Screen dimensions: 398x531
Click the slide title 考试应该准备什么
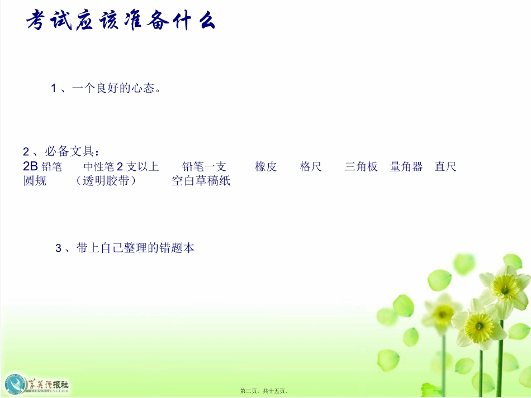[121, 22]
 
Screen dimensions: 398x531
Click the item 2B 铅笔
[43, 166]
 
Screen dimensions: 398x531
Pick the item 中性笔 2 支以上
[121, 166]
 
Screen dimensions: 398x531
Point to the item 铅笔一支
[204, 166]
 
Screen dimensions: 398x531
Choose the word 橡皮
[265, 166]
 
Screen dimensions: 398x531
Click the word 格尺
[311, 166]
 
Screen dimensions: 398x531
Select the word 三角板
[361, 166]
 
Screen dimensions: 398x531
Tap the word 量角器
[406, 166]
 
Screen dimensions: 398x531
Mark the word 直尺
[445, 166]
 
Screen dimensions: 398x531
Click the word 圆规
[35, 181]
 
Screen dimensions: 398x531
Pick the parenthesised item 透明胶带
[106, 181]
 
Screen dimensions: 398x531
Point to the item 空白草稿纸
[201, 181]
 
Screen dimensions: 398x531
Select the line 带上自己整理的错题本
[125, 248]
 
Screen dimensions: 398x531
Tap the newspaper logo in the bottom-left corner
[37, 384]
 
